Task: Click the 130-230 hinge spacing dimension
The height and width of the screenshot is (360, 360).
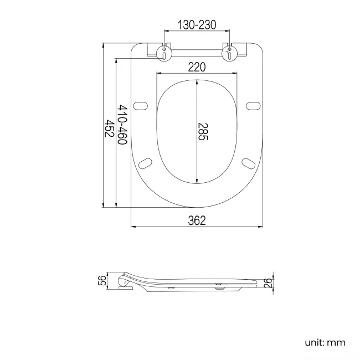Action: point(197,24)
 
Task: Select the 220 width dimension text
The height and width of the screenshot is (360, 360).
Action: point(197,67)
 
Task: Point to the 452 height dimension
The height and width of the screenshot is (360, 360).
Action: point(110,128)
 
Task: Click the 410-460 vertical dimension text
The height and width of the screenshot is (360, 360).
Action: point(122,125)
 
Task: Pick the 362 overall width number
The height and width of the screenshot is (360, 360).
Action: point(197,220)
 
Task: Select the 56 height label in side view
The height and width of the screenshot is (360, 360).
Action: point(101,281)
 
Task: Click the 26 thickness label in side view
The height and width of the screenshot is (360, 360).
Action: point(268,284)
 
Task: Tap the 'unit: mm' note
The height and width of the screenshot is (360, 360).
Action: point(325,342)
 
